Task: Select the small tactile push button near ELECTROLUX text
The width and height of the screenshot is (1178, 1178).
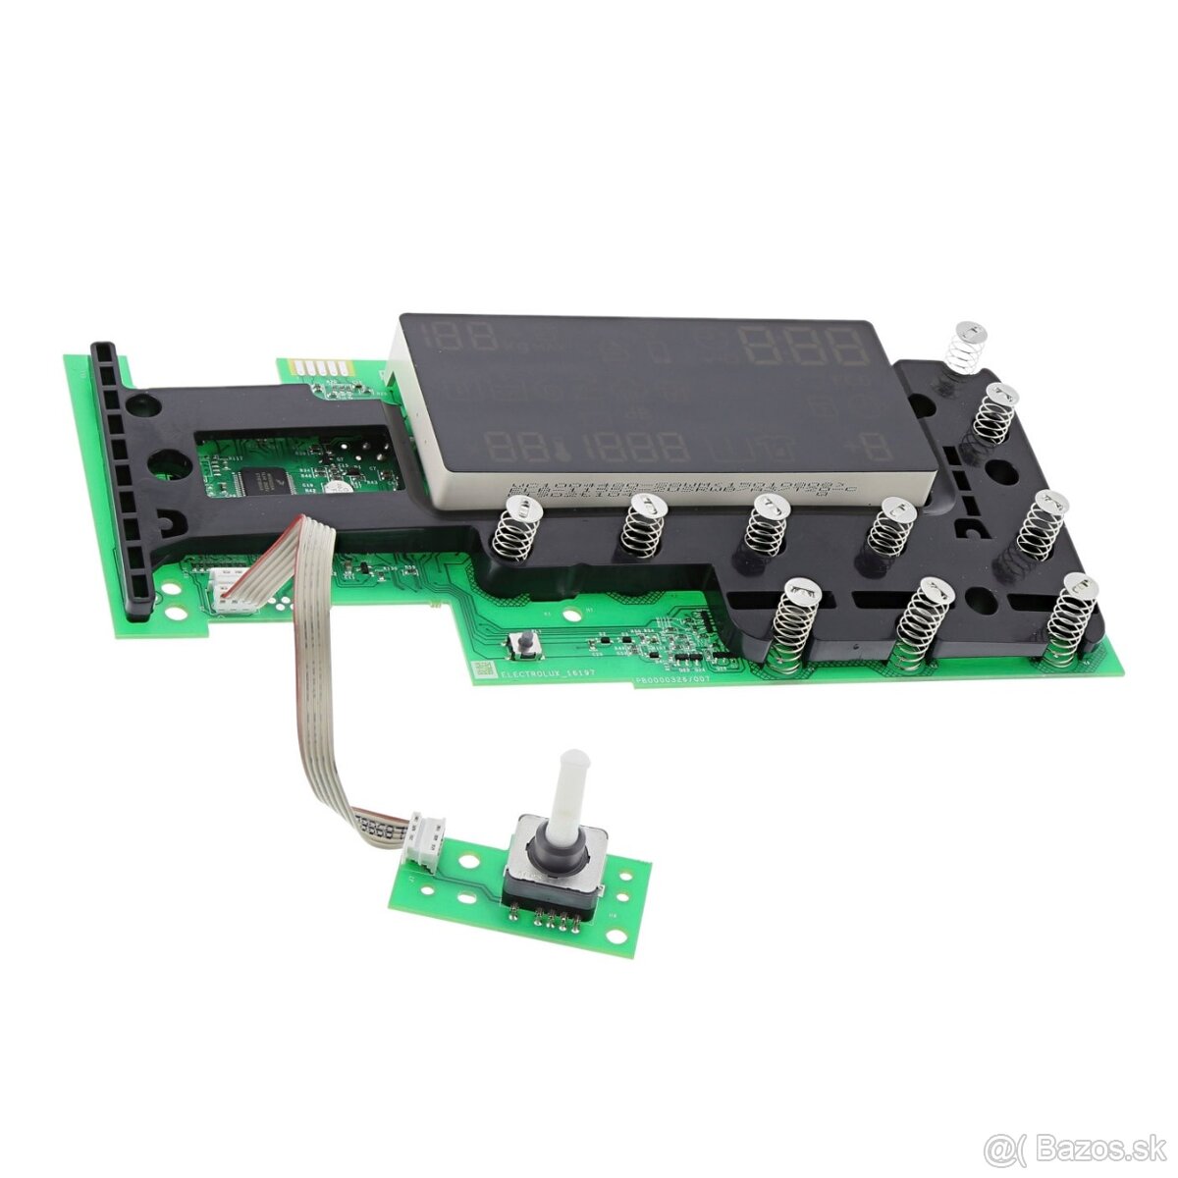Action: point(527,645)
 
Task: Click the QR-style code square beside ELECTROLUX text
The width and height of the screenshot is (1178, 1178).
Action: point(484,669)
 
